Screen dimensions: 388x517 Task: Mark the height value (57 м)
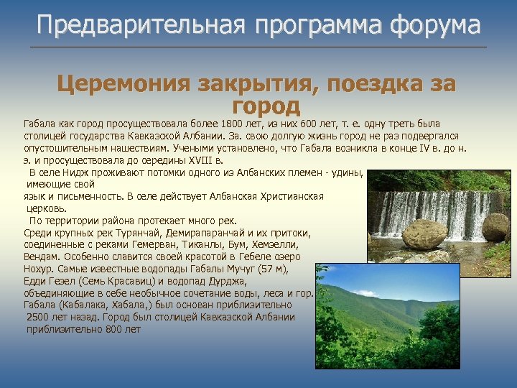tap(271, 269)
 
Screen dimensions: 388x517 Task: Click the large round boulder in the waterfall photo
tap(424, 234)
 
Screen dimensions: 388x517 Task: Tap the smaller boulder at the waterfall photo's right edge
tap(495, 227)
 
